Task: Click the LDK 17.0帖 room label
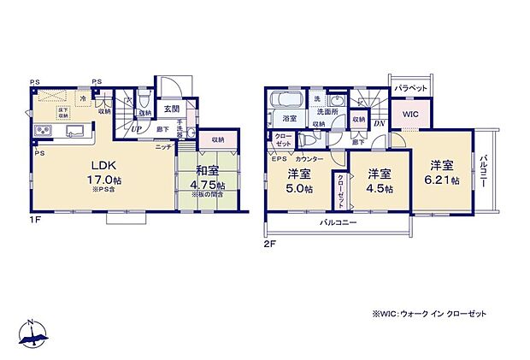coord(99,172)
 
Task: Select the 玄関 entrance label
coord(173,107)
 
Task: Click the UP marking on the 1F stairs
coord(136,128)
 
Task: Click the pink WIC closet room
coord(411,112)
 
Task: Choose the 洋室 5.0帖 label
coord(299,181)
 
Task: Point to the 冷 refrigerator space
coord(83,98)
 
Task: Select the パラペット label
coord(410,88)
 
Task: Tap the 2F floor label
coord(269,242)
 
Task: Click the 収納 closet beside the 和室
coord(219,139)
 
